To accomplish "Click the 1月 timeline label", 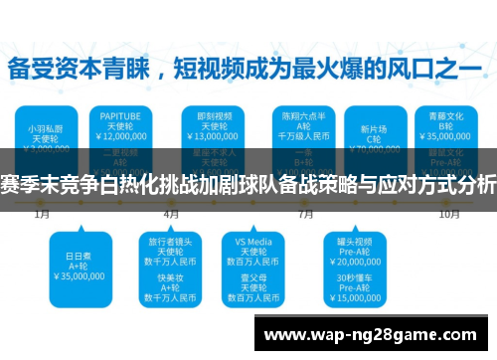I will pos(43,214).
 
